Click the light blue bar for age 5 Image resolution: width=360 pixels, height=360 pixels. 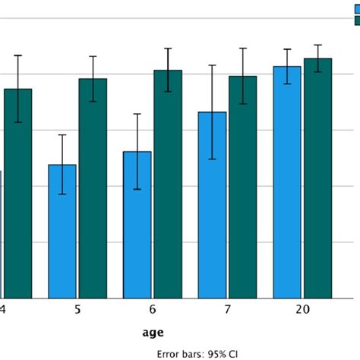coord(62,232)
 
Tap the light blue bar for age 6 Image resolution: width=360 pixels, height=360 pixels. coord(137,225)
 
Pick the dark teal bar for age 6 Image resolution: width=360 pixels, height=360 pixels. coord(168,184)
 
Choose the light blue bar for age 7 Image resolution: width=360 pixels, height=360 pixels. coord(213,205)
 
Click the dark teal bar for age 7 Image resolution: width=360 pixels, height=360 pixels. coord(243,187)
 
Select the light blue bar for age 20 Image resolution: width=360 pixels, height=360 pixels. coord(287,182)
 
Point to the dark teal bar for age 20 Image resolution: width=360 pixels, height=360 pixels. coord(318,178)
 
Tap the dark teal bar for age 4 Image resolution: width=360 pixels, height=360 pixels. coord(17,194)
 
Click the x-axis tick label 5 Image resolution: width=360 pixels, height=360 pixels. coord(77,310)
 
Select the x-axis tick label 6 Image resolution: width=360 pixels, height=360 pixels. coord(153,310)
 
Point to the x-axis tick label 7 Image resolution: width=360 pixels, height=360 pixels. coord(228,310)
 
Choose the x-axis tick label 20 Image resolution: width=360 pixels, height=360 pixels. coord(302,310)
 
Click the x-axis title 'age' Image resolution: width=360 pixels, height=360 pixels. coord(153,332)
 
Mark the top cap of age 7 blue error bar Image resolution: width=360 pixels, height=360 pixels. coord(213,66)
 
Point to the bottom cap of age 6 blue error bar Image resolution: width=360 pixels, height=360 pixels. coord(137,189)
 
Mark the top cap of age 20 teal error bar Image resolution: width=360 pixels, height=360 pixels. coord(318,45)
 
